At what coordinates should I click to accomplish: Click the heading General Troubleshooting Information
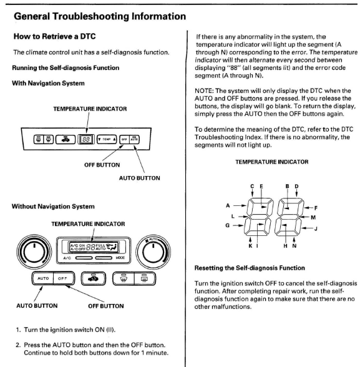[x=100, y=17]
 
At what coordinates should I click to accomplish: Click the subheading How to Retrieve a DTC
[x=54, y=36]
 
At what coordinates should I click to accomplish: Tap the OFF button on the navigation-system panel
[x=124, y=140]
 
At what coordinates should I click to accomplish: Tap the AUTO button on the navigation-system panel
[x=134, y=140]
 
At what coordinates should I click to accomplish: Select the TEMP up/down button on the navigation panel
[x=107, y=139]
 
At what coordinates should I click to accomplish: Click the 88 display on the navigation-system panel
[x=86, y=139]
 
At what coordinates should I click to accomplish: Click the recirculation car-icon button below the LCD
[x=94, y=278]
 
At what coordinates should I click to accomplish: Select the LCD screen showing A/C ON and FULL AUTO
[x=94, y=247]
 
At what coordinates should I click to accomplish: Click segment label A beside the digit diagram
[x=228, y=206]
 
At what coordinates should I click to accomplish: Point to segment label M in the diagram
[x=313, y=217]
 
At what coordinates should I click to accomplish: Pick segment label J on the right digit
[x=316, y=228]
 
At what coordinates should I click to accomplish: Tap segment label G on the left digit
[x=227, y=225]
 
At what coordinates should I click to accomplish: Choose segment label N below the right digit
[x=294, y=246]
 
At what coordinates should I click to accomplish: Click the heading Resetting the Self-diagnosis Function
[x=250, y=268]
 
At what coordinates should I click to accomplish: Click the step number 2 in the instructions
[x=18, y=345]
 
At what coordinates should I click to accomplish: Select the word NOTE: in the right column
[x=204, y=91]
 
